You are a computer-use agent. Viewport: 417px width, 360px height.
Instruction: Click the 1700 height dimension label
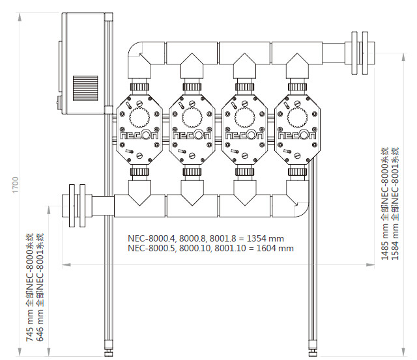16,185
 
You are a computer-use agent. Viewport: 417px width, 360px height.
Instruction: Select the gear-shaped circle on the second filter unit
192,117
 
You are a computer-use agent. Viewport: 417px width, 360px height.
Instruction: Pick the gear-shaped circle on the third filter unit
245,117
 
